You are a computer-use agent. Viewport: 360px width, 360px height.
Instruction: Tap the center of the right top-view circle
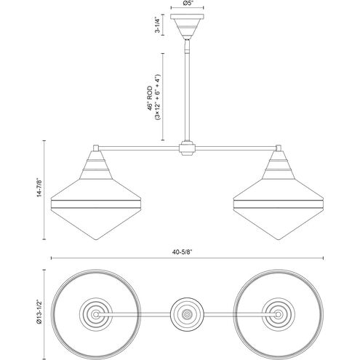281,315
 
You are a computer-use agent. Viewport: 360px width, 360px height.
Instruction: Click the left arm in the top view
138,315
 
